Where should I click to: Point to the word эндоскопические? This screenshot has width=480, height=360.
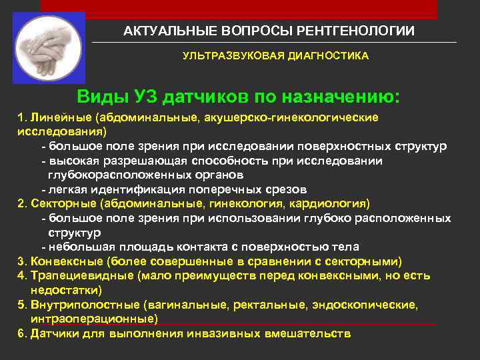point(374,305)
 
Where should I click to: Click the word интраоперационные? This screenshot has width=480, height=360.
point(93,319)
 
